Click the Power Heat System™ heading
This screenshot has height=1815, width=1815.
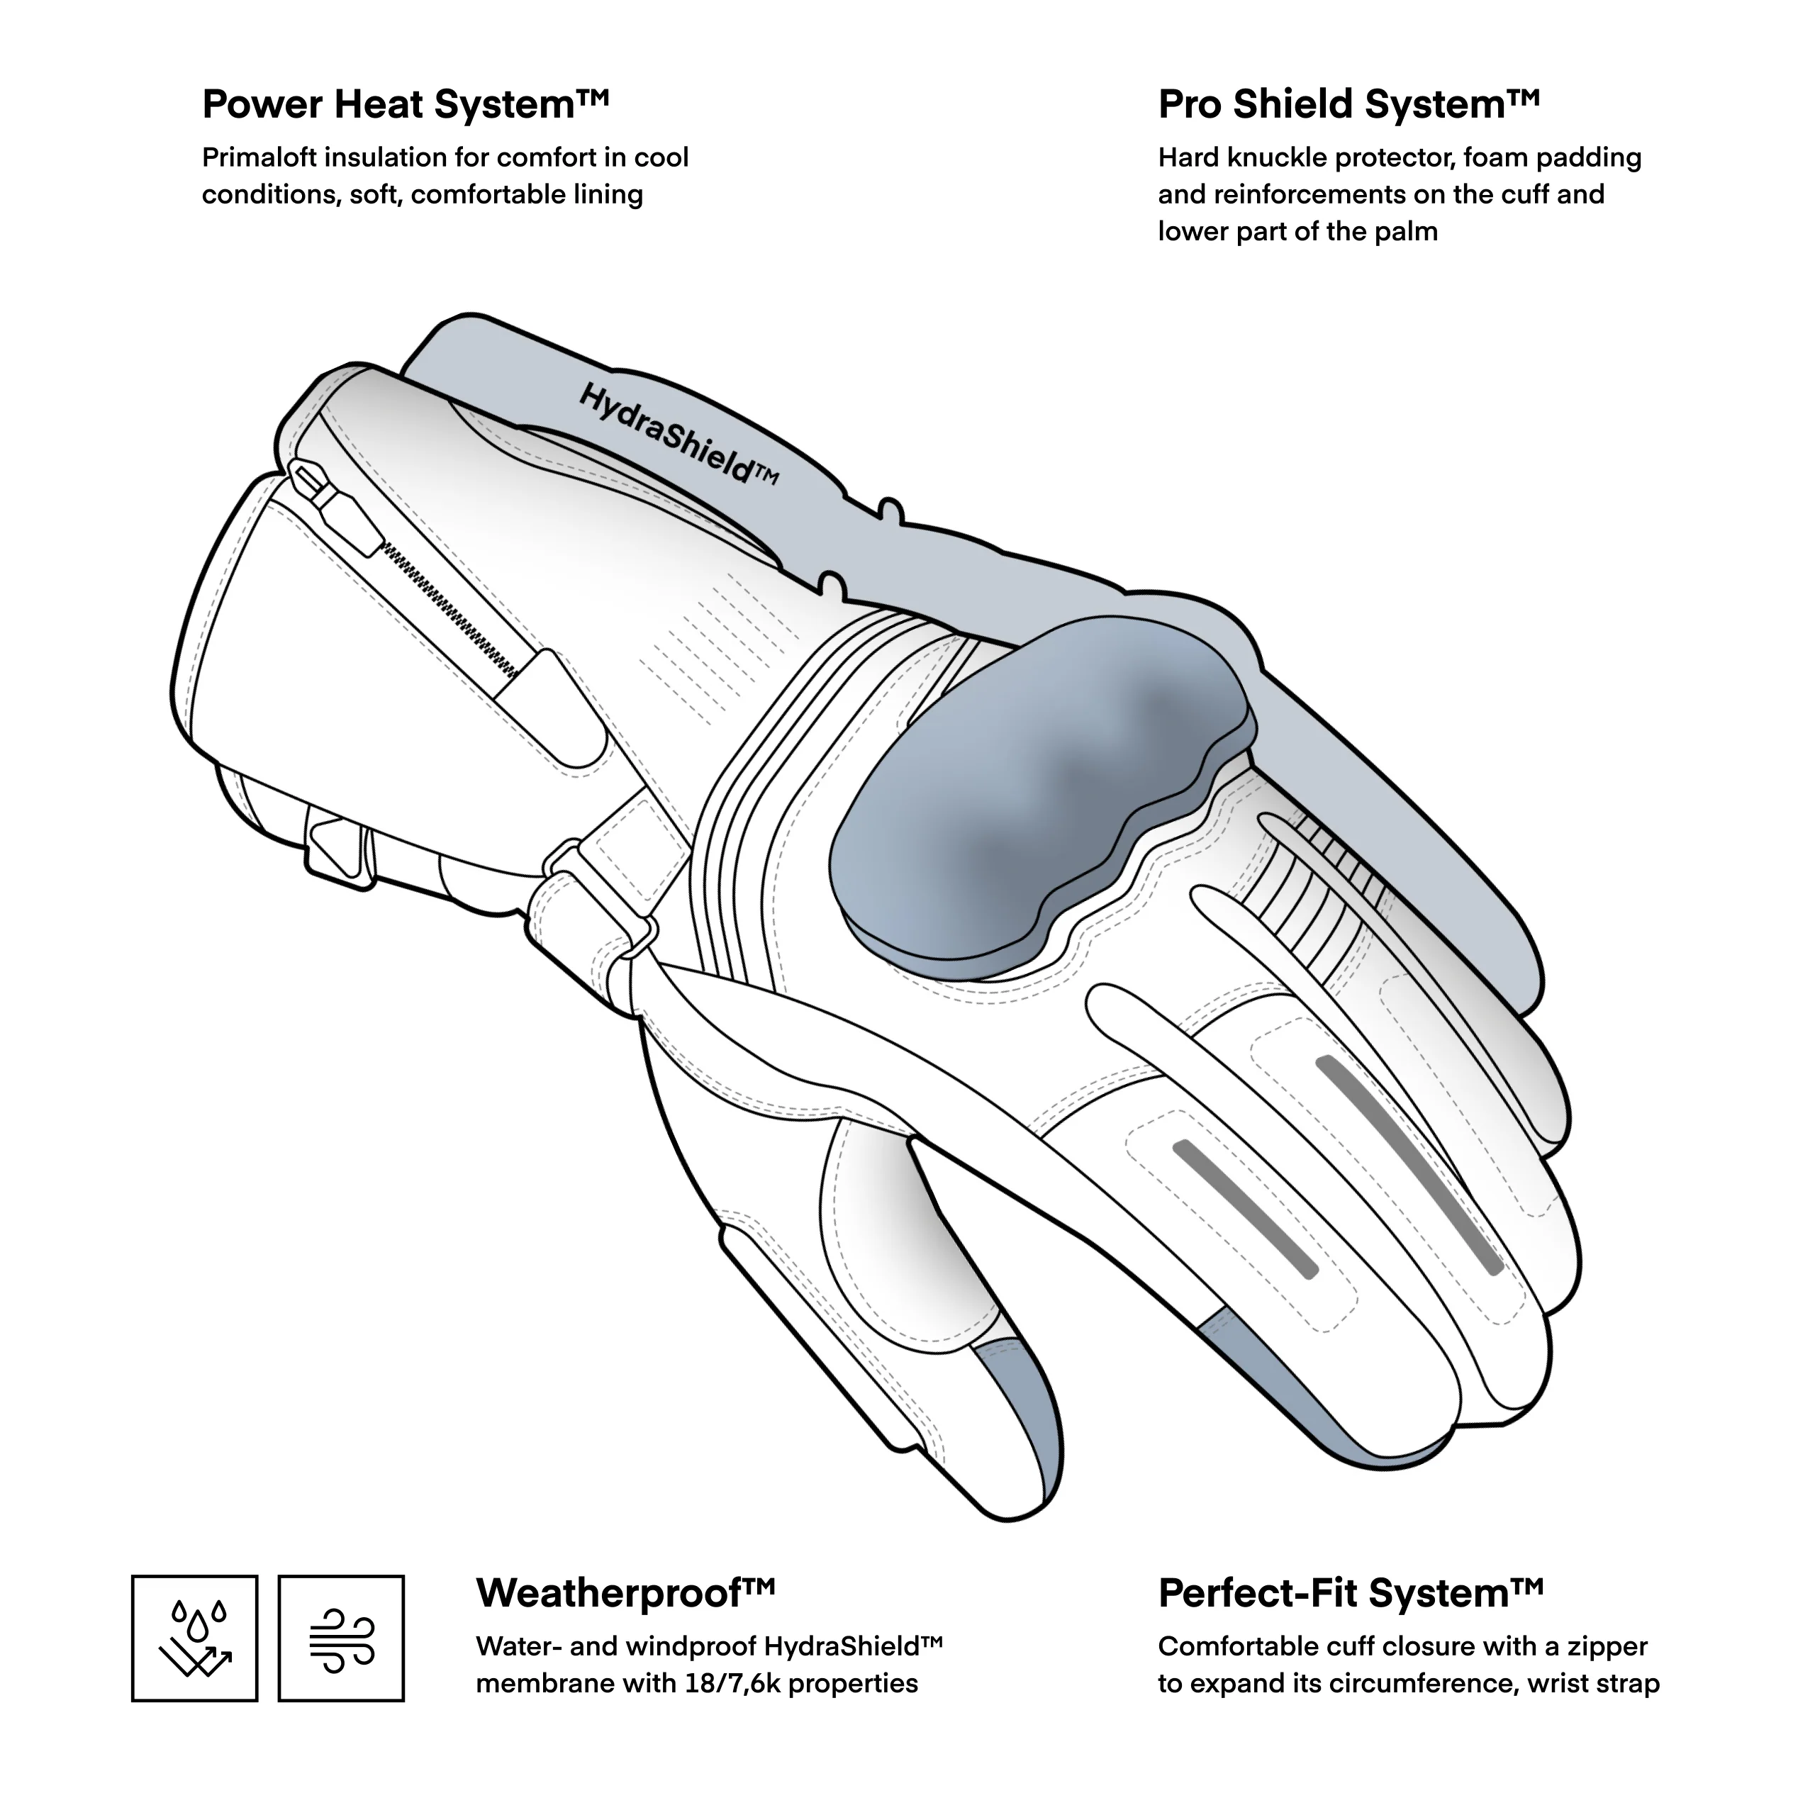tap(405, 104)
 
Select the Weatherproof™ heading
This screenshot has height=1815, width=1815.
tap(625, 1593)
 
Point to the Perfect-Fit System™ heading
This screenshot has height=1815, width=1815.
tap(1350, 1593)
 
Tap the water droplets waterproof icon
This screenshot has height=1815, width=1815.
tap(194, 1639)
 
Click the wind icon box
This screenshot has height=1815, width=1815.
tap(341, 1639)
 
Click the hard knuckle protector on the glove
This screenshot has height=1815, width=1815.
tap(1034, 789)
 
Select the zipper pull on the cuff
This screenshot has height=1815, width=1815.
tap(338, 508)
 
